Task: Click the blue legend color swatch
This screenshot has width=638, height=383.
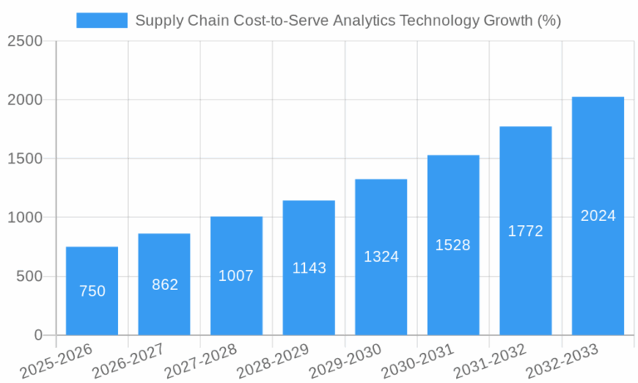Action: pyautogui.click(x=101, y=21)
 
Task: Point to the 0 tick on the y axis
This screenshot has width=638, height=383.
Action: pyautogui.click(x=38, y=335)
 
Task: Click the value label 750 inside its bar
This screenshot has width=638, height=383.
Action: pyautogui.click(x=92, y=291)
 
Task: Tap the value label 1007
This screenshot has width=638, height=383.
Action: pyautogui.click(x=236, y=276)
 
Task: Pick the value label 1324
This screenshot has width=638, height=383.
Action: pyautogui.click(x=381, y=257)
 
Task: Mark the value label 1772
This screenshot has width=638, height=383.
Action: pyautogui.click(x=526, y=231)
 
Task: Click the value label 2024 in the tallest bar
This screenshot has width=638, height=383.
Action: pyautogui.click(x=598, y=216)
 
